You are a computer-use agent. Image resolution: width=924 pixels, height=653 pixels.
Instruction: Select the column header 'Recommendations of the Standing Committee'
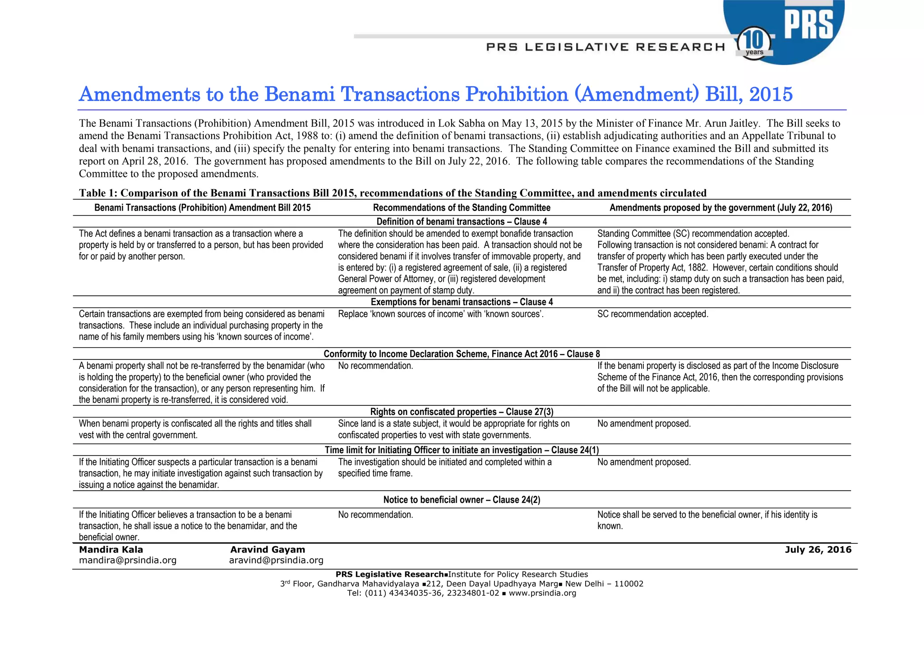[462, 208]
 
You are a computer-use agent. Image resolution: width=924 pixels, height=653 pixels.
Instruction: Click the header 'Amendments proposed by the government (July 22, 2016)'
[721, 208]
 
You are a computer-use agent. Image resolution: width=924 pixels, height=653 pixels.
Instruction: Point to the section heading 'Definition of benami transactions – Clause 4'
[462, 221]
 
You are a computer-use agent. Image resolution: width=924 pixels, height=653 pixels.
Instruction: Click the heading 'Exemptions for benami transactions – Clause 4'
[462, 302]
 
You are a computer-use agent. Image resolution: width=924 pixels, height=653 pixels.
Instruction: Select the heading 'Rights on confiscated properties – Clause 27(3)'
[462, 412]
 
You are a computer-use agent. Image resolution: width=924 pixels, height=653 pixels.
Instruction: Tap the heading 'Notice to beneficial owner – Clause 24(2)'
[462, 500]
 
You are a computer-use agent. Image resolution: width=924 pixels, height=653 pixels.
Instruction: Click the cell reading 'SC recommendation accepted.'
[652, 314]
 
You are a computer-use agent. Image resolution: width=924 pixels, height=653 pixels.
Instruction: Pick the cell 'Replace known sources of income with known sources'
[440, 314]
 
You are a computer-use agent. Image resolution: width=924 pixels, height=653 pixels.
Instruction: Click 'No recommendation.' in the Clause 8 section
[375, 366]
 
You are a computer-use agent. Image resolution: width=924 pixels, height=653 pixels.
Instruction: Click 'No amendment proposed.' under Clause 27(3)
[644, 423]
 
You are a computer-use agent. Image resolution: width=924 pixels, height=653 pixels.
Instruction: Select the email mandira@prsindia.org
[128, 560]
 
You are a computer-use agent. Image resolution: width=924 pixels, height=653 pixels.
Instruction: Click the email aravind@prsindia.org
[276, 560]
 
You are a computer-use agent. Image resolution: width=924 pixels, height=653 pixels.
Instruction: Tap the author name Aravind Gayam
[268, 549]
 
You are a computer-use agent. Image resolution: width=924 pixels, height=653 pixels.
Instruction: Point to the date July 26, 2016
[818, 549]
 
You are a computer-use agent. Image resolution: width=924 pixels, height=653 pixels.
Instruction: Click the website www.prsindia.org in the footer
[542, 593]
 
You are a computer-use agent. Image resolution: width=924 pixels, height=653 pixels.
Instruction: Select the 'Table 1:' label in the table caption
[98, 193]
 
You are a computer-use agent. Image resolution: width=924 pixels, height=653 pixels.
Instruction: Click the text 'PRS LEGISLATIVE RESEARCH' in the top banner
[605, 47]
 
